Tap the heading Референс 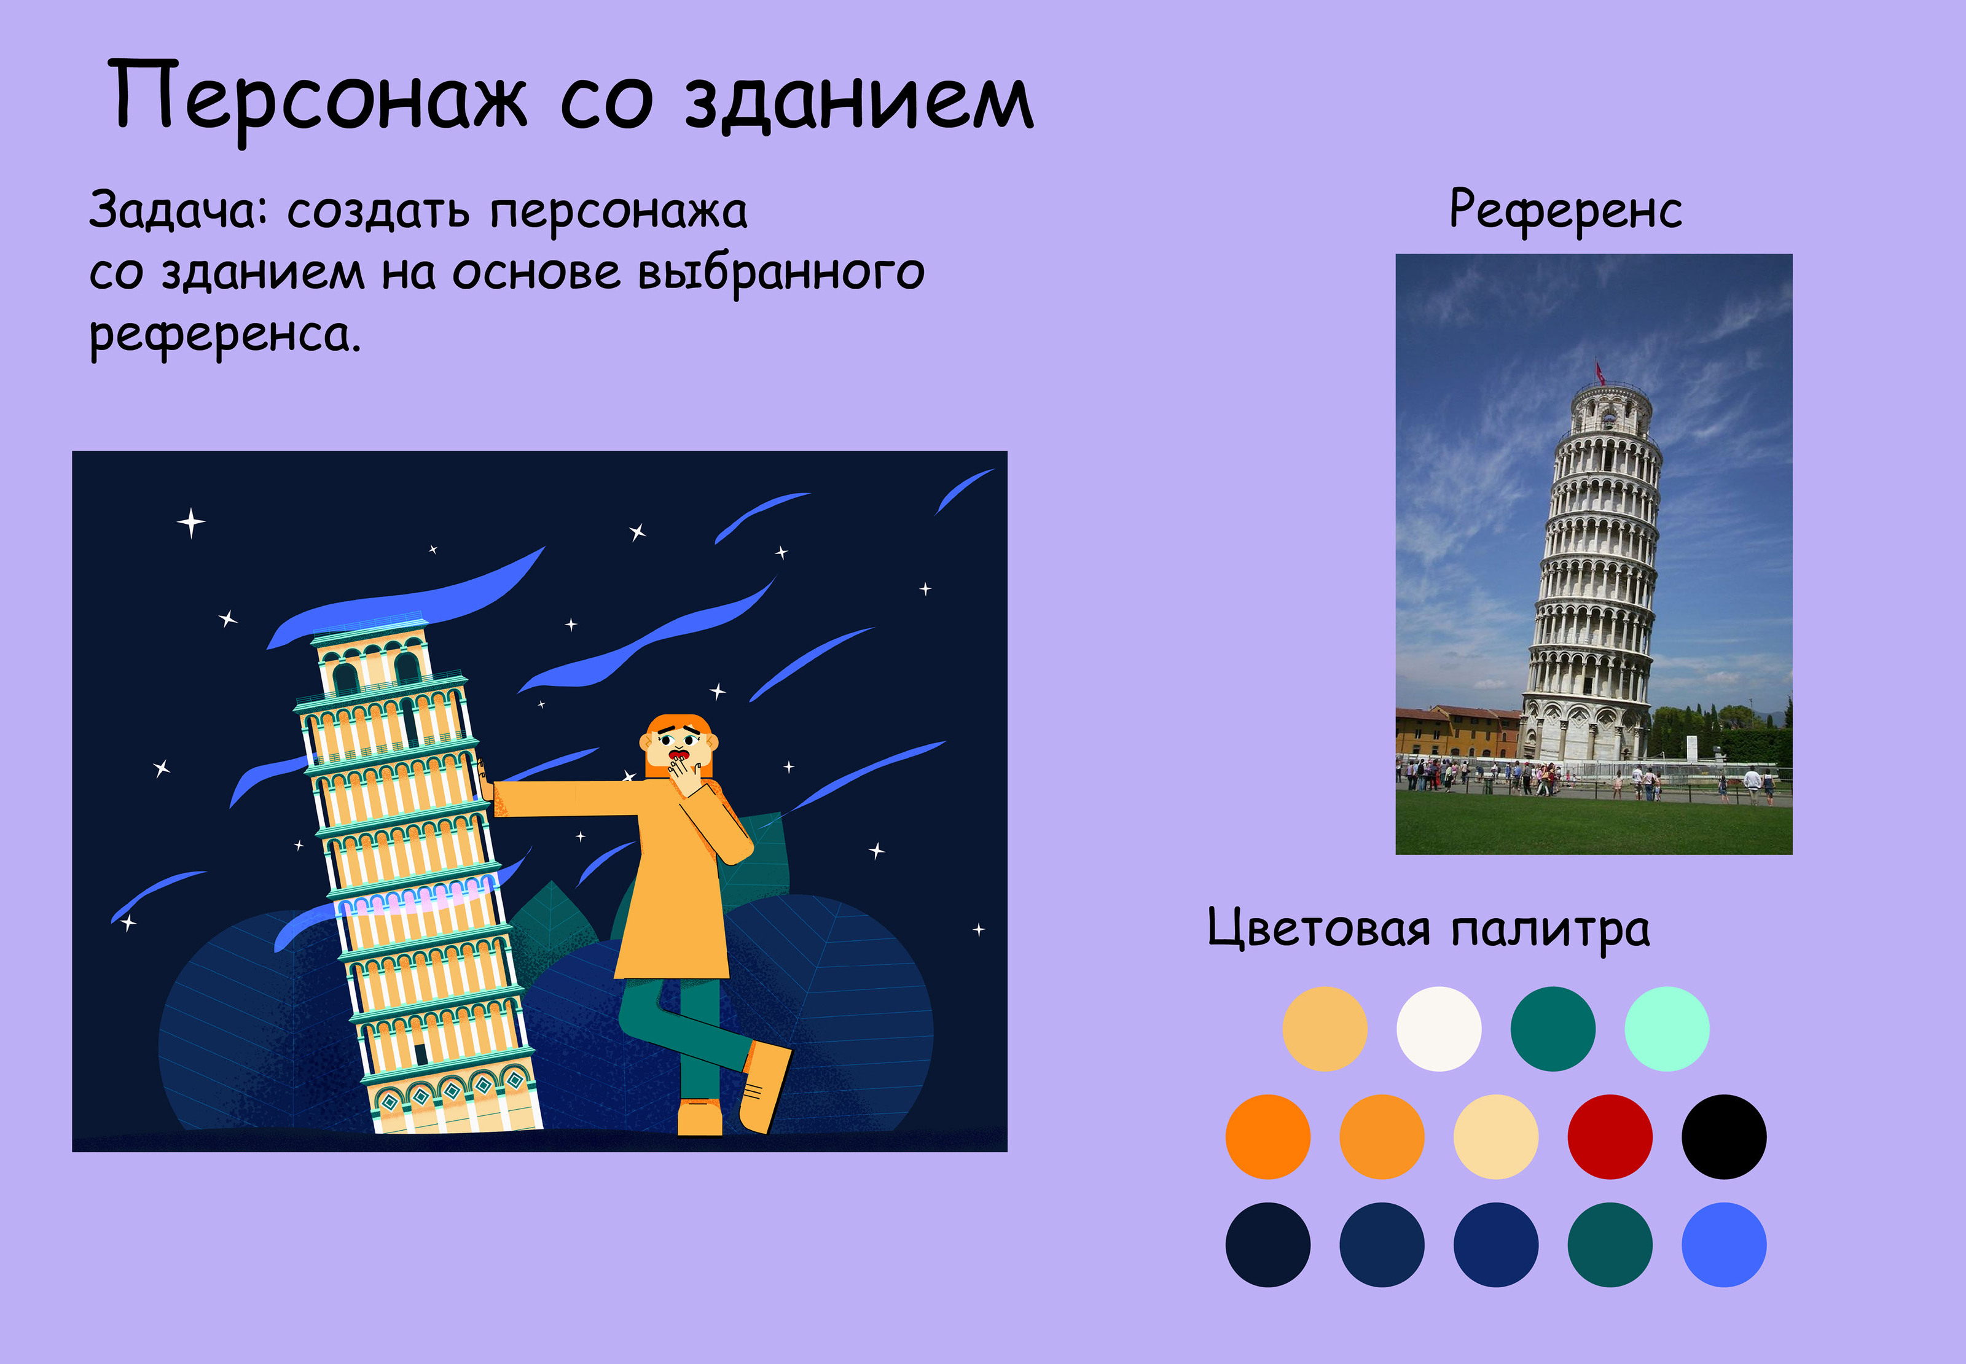coord(1565,210)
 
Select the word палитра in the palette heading coord(1551,930)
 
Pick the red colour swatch coord(1610,1137)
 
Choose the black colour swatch coord(1723,1137)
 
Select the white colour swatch coord(1439,1029)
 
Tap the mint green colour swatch coord(1667,1029)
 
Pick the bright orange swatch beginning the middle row coord(1267,1137)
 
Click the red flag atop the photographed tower coord(1599,371)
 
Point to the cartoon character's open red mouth coord(680,755)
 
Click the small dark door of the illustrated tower coord(420,1054)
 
